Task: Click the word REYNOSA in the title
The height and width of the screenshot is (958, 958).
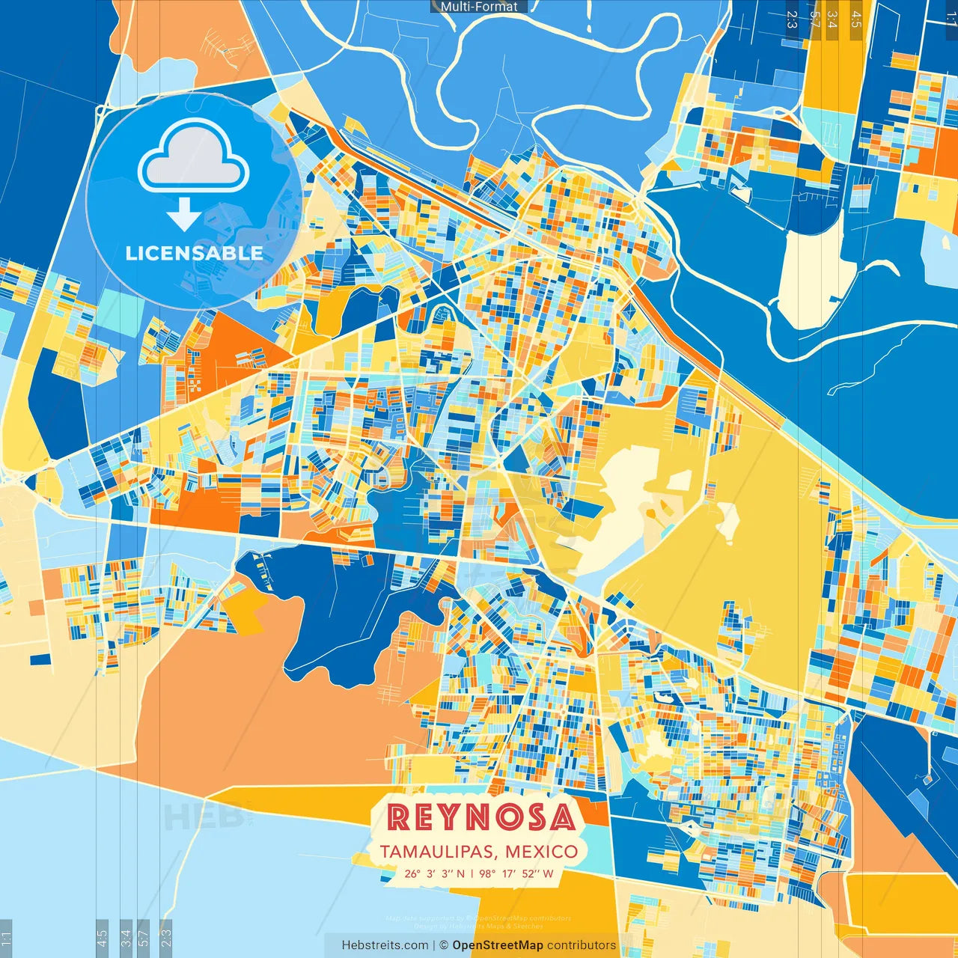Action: point(480,817)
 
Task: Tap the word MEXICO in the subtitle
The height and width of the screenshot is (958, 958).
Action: point(541,852)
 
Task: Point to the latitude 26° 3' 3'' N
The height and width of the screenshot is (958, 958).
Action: point(434,873)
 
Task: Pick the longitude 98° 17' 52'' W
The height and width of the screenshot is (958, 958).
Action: point(516,873)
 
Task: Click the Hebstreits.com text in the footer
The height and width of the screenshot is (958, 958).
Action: point(385,945)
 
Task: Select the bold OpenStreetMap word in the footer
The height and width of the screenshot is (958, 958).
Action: point(497,945)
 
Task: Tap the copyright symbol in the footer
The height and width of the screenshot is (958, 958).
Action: point(443,945)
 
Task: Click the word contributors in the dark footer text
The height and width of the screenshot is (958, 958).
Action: point(582,945)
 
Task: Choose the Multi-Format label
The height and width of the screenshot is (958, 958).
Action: point(479,7)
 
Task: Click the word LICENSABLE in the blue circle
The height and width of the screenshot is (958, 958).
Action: point(194,253)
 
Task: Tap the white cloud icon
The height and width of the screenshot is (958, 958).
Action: point(193,156)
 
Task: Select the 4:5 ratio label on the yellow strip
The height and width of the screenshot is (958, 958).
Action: point(856,19)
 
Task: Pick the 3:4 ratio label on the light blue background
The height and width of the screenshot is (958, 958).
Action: point(126,936)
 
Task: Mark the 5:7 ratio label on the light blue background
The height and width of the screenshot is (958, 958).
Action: point(144,936)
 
